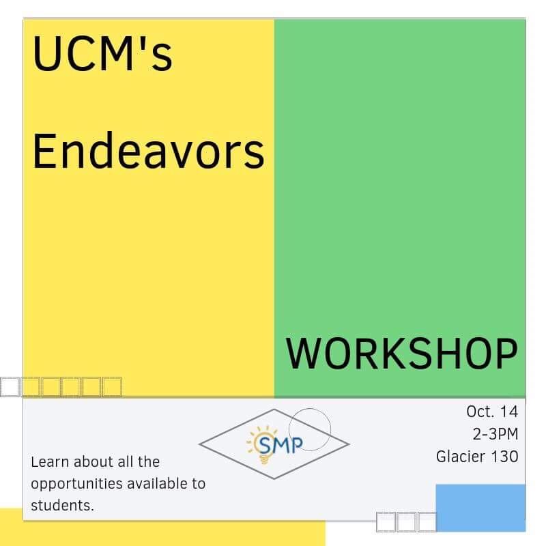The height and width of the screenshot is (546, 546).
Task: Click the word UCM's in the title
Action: pos(102,53)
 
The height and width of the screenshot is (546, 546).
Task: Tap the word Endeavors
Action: pos(148,151)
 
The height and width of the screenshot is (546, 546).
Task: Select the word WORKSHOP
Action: pos(401,354)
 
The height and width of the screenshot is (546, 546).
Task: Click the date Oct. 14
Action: pos(492,412)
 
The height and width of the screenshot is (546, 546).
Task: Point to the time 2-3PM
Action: pos(495,434)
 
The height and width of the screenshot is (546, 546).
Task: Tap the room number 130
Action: pos(504,457)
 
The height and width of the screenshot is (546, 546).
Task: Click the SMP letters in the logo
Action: pos(281,445)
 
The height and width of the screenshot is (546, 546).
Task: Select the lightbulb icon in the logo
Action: pos(262,446)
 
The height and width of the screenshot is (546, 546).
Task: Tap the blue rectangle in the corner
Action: pos(480,507)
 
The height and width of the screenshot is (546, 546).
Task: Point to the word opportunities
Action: pos(76,485)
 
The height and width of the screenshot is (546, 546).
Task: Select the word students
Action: pos(62,506)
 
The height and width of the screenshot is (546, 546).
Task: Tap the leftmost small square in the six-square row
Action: pos(10,386)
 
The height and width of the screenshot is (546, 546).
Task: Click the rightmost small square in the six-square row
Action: pos(112,386)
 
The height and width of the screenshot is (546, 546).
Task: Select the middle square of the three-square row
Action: pos(406,522)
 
